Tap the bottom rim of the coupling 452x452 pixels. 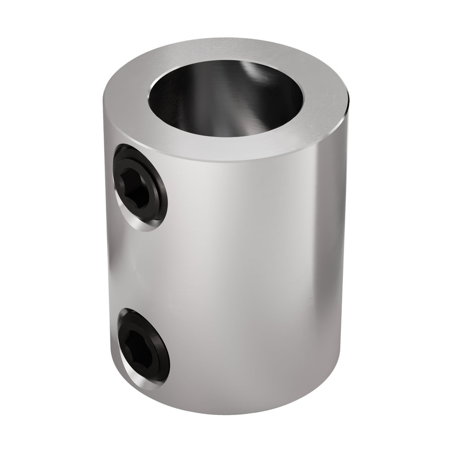click(x=229, y=412)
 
